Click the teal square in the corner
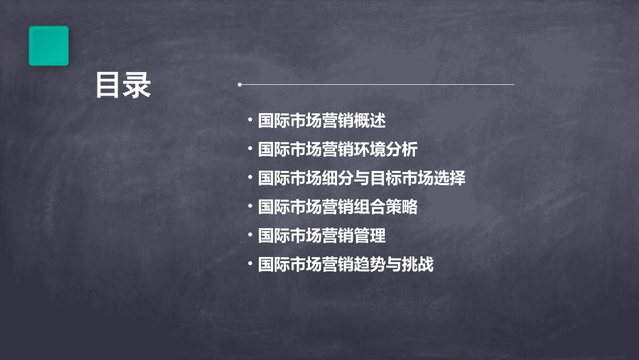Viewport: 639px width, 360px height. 48,46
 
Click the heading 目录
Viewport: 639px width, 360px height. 123,86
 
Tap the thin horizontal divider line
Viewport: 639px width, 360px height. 377,85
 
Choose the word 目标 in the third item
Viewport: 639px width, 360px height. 386,179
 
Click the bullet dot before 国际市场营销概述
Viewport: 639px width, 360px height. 250,121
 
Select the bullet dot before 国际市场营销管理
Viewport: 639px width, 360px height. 250,236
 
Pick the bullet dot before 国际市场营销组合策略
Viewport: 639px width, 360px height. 250,207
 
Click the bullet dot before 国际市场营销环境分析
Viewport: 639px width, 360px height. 250,149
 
